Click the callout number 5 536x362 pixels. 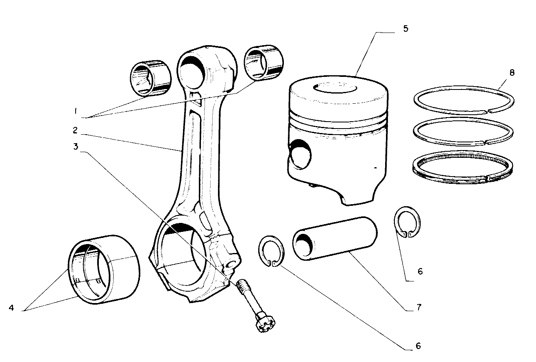(x=405, y=29)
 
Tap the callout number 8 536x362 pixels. (x=512, y=72)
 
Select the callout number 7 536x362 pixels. (x=418, y=307)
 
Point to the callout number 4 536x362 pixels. (x=11, y=308)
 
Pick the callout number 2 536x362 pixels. (x=75, y=131)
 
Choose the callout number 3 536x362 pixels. (x=75, y=146)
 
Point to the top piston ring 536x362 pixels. (x=464, y=99)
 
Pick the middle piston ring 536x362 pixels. (x=462, y=131)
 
